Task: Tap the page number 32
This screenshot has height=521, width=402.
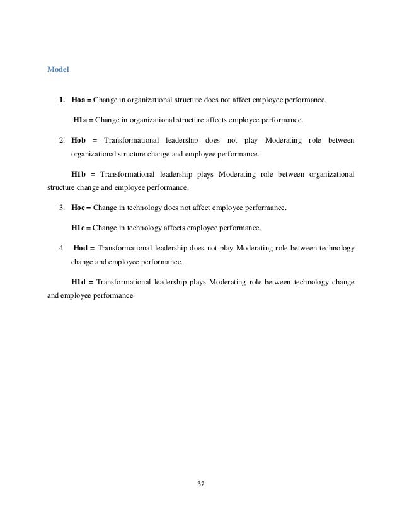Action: point(201,485)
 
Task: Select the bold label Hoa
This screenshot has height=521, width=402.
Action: point(80,100)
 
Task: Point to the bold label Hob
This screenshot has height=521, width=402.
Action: point(79,139)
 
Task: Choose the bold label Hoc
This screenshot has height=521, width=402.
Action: point(80,208)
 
